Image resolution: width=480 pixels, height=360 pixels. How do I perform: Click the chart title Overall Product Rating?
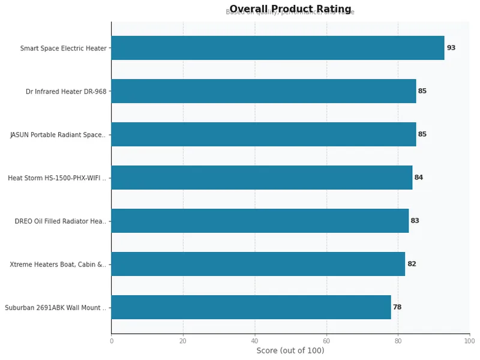point(290,9)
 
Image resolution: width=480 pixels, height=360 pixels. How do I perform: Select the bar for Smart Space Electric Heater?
point(277,48)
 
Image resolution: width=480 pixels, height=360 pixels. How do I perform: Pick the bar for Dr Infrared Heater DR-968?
point(263,91)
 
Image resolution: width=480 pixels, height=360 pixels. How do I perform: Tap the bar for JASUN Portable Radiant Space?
point(263,134)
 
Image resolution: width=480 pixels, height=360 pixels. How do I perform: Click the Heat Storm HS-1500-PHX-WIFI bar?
point(262,178)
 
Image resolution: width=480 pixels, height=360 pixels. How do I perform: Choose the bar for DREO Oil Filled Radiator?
point(260,221)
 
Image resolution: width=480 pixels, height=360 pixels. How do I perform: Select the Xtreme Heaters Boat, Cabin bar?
point(258,264)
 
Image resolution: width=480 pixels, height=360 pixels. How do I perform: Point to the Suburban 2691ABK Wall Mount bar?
point(251,307)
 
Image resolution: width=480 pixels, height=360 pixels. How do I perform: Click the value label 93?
point(451,48)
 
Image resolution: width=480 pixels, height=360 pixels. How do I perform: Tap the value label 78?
point(397,307)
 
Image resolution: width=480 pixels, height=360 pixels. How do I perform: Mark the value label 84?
point(419,178)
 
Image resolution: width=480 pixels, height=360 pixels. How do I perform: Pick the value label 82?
point(412,264)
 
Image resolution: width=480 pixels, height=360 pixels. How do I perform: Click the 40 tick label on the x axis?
point(254,341)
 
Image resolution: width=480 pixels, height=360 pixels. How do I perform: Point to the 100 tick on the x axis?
point(469,341)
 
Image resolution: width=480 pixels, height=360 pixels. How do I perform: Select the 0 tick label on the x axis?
point(111,341)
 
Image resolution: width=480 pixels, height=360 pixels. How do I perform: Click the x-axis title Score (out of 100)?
point(290,350)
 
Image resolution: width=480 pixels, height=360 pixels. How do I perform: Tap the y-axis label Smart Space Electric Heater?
point(63,48)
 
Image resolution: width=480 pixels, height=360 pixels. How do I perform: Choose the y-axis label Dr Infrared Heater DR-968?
point(66,91)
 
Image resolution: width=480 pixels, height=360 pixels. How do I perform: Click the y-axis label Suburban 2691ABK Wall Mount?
point(55,307)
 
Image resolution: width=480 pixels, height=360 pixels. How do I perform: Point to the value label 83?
point(415,221)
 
